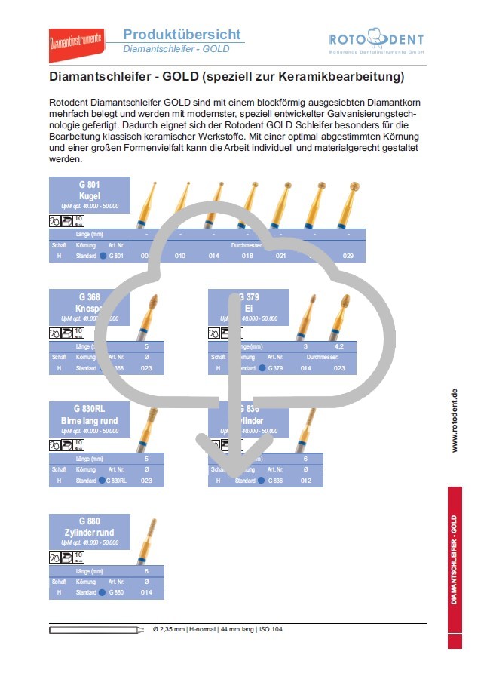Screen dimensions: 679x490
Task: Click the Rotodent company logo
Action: [x=376, y=41]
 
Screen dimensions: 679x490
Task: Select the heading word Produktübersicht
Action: [x=182, y=34]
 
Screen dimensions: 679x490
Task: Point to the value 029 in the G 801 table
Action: [x=348, y=257]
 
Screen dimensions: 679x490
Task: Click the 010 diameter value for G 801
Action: [x=180, y=257]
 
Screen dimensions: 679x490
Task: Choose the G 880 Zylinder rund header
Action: [x=89, y=532]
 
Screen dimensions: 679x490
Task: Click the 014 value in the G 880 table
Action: [x=147, y=593]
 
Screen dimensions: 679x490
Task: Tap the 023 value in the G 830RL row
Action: [x=147, y=481]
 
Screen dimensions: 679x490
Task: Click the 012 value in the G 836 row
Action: [x=305, y=481]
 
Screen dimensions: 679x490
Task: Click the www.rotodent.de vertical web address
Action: [x=454, y=421]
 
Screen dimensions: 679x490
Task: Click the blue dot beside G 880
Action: [x=103, y=593]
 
